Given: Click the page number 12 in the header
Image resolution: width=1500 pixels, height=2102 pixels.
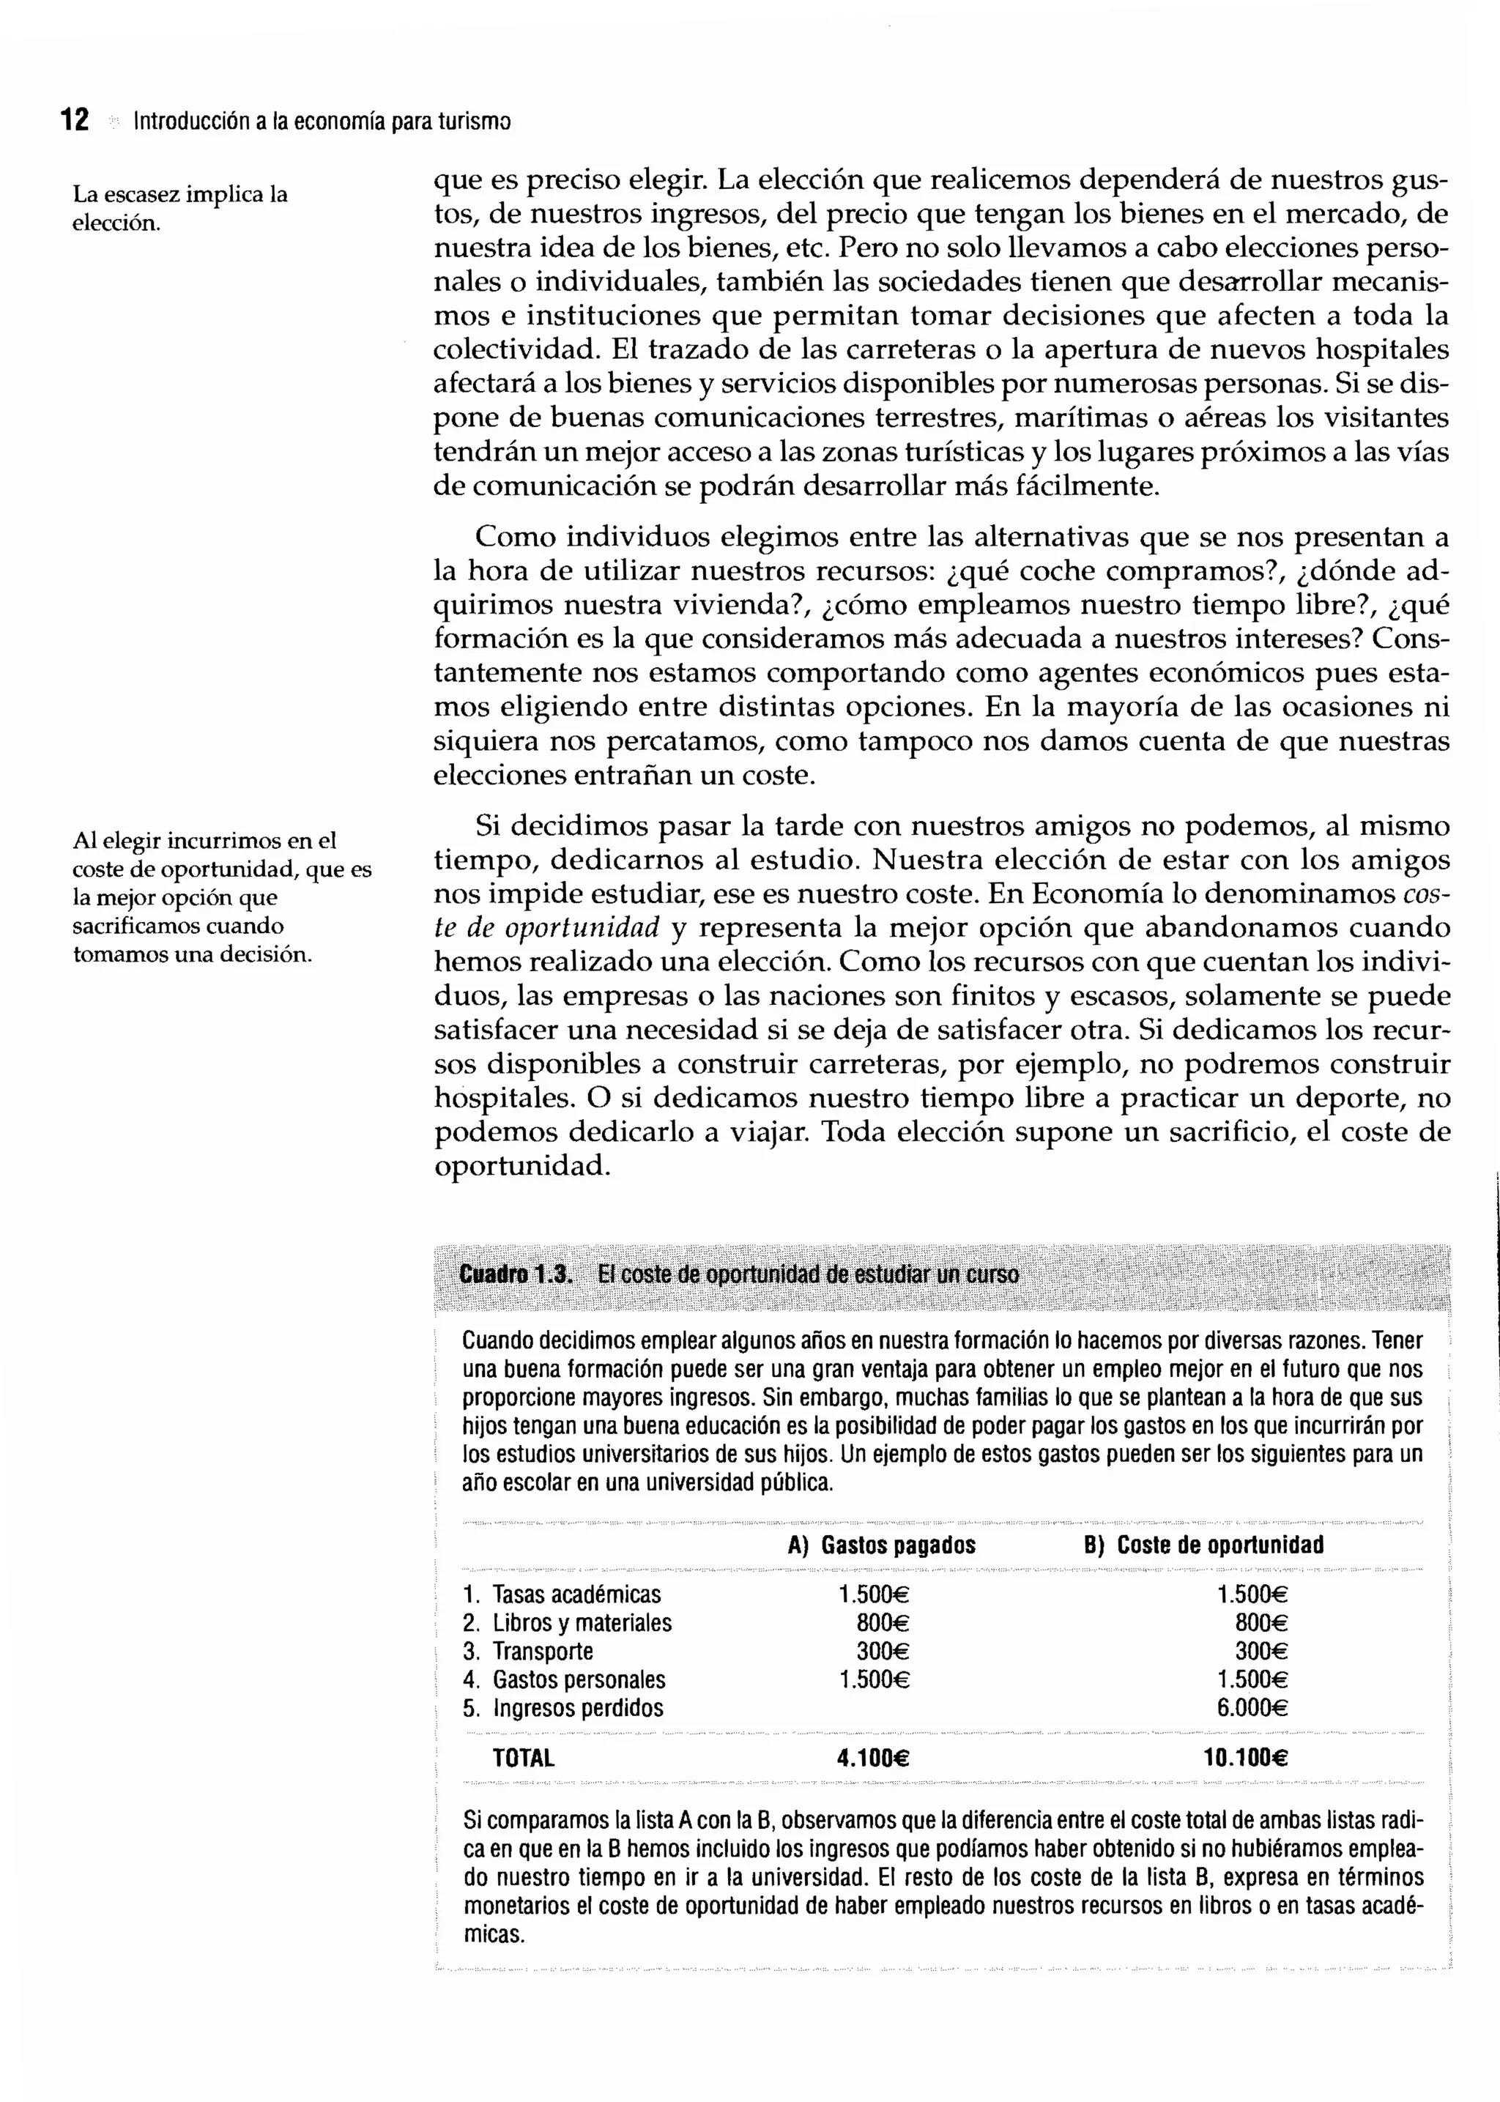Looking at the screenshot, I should point(75,120).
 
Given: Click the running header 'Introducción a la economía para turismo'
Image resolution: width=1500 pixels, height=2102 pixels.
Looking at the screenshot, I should point(322,121).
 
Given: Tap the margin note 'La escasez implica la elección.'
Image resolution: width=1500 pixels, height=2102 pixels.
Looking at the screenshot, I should point(180,208).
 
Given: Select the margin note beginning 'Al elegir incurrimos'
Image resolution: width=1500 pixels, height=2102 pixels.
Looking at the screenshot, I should point(222,896).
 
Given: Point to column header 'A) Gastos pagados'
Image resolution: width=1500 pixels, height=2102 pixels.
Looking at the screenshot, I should point(881,1545).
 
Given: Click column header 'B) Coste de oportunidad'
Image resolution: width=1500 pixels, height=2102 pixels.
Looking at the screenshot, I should point(1203,1545).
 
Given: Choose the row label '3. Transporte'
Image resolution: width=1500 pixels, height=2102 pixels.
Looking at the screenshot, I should point(527,1652).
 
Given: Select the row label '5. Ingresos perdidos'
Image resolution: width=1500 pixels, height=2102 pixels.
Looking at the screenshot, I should point(562,1708).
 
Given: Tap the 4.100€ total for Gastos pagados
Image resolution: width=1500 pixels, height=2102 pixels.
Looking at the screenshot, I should point(873,1759).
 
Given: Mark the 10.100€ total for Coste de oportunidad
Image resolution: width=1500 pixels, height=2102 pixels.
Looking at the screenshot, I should point(1245,1759).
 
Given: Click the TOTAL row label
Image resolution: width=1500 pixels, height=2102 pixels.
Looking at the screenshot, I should point(523,1759).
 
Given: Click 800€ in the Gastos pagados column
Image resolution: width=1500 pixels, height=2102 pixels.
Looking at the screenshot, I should point(883,1623).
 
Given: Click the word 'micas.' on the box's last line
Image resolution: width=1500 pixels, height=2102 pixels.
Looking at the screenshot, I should point(494,1935).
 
